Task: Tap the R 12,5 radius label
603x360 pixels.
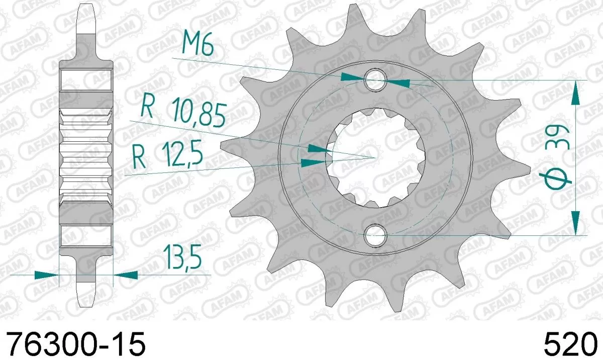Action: [x=168, y=155]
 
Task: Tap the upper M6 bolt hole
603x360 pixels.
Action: [x=375, y=79]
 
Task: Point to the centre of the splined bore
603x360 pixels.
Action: [x=375, y=157]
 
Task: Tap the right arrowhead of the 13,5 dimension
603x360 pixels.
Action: [x=126, y=275]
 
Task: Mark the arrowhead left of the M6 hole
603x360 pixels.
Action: [x=352, y=76]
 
